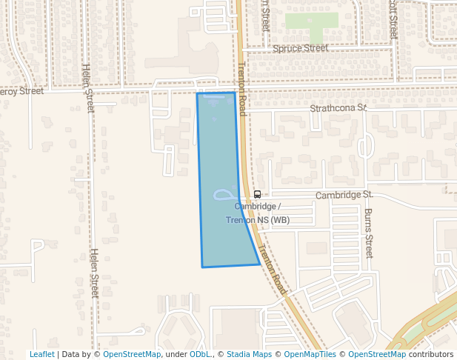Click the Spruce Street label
[x=300, y=48]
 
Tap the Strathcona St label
[x=338, y=108]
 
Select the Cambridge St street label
[x=343, y=195]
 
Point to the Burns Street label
[x=368, y=232]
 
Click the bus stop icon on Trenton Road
[x=257, y=194]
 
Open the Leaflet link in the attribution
[x=42, y=355]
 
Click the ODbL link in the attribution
[x=199, y=355]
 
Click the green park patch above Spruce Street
[x=311, y=22]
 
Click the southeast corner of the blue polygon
[x=259, y=264]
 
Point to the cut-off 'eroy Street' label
[x=21, y=91]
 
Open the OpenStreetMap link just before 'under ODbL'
[x=132, y=355]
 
